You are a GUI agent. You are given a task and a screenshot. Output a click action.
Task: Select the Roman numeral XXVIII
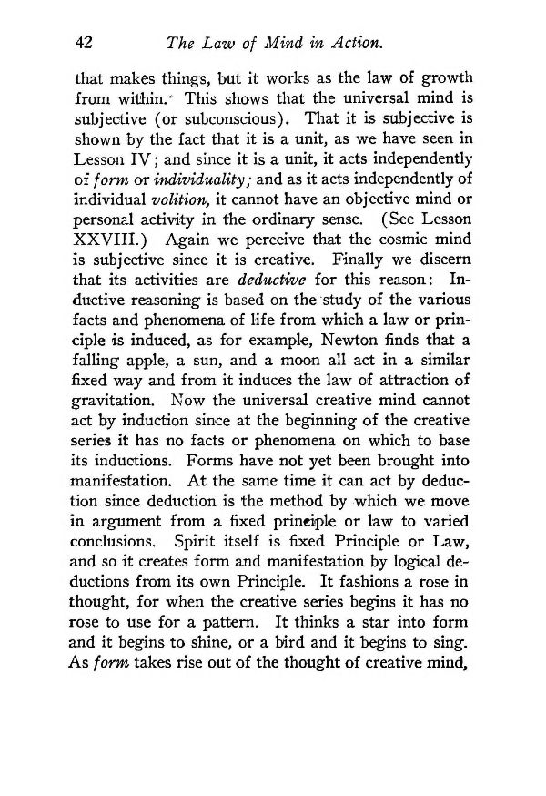[x=107, y=244]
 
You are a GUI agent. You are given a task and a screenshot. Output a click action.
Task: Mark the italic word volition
[x=179, y=200]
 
